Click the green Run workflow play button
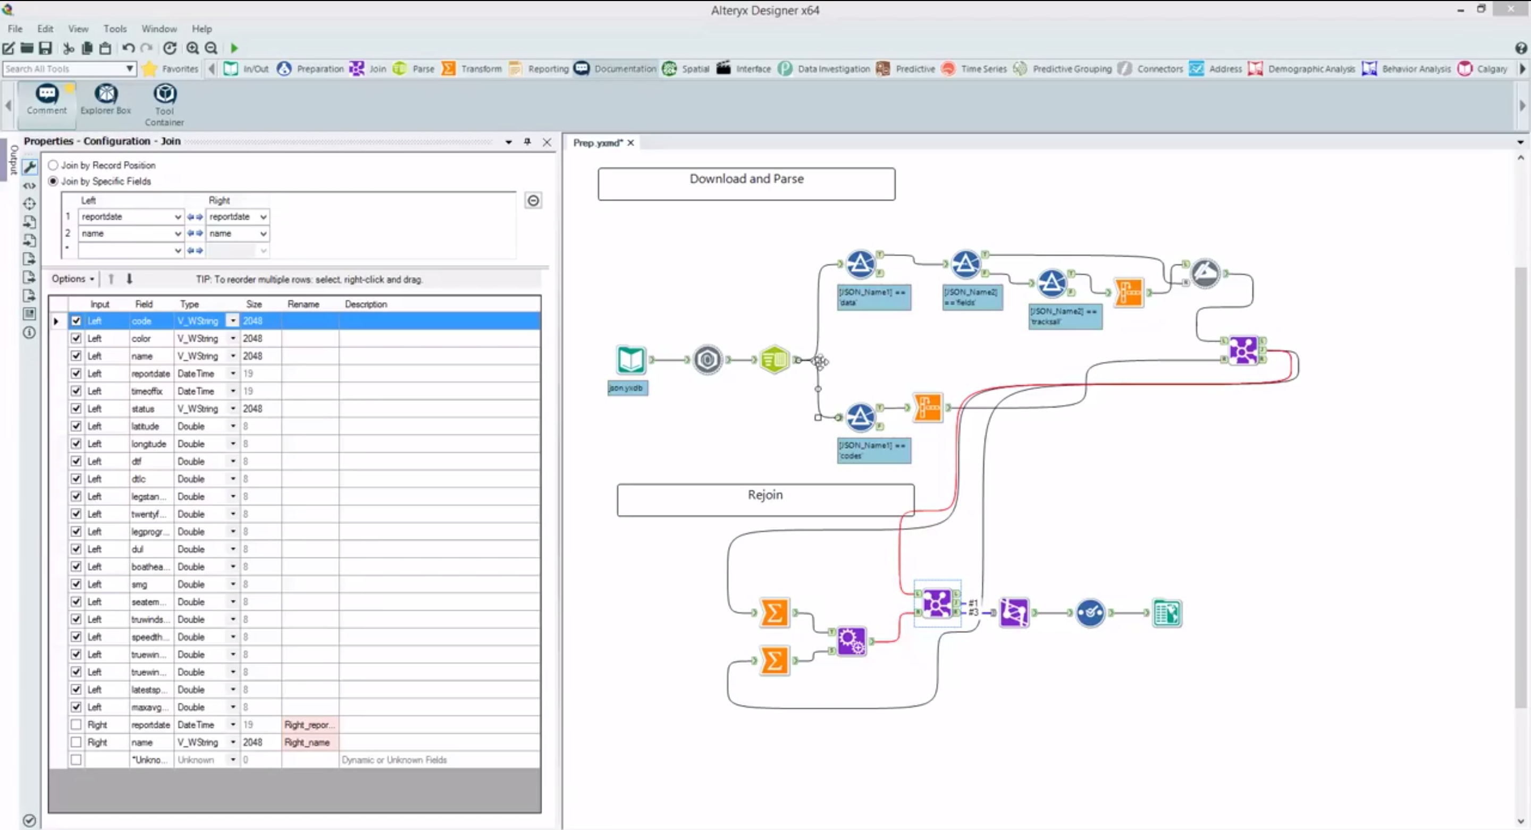(x=234, y=48)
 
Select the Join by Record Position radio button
(x=54, y=165)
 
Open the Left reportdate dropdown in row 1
(x=177, y=217)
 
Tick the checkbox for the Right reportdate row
(x=76, y=725)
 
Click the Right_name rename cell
(x=309, y=743)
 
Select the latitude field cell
(x=146, y=427)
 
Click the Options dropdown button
(x=72, y=278)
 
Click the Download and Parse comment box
(x=746, y=184)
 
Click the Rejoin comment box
(x=765, y=500)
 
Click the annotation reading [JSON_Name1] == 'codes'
(x=873, y=451)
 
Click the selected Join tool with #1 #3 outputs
(x=937, y=604)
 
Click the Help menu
(x=201, y=29)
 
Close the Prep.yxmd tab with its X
(x=630, y=142)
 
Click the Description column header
(x=366, y=304)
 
